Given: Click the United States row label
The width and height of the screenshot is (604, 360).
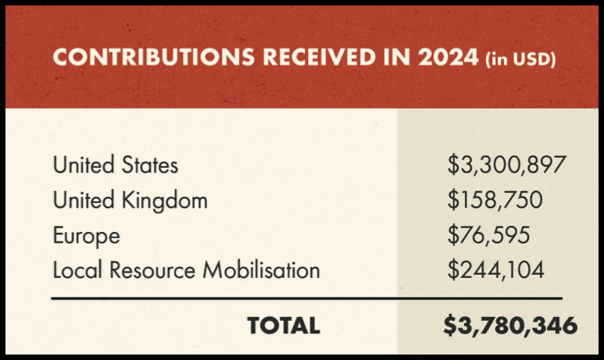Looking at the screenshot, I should pyautogui.click(x=116, y=166).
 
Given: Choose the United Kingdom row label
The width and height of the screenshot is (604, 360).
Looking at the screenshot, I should pyautogui.click(x=130, y=201).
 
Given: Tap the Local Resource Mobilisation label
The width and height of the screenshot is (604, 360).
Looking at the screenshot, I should pyautogui.click(x=187, y=271).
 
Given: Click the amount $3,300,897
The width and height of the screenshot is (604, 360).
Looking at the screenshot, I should pyautogui.click(x=506, y=166).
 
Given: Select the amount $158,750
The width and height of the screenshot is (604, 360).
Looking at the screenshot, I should pyautogui.click(x=495, y=201).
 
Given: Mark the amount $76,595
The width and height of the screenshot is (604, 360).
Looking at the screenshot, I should pyautogui.click(x=489, y=236).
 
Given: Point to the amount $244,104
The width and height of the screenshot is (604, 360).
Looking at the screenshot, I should pyautogui.click(x=495, y=271).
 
